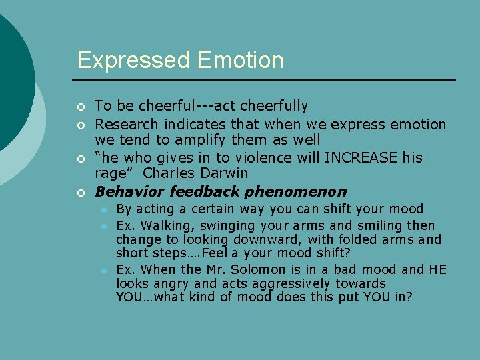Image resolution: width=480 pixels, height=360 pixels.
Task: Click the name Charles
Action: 169,173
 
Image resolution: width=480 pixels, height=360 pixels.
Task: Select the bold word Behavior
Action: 129,192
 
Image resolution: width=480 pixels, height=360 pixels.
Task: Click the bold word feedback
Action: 205,192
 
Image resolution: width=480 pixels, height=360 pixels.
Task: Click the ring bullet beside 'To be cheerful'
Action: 81,107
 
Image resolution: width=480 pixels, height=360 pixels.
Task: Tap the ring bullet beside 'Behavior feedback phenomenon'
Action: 81,193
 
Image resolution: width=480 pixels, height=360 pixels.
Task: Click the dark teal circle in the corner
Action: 10,73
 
